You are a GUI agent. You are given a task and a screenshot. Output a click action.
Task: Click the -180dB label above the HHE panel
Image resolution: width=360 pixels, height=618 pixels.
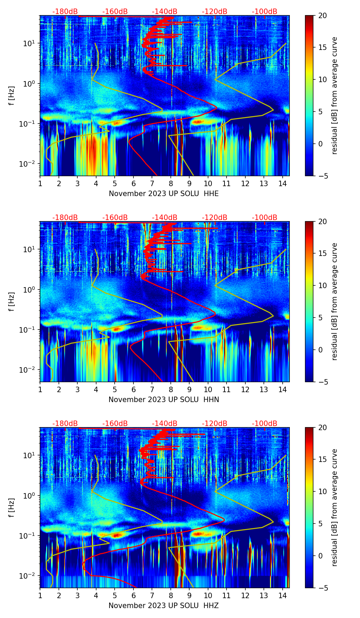point(65,12)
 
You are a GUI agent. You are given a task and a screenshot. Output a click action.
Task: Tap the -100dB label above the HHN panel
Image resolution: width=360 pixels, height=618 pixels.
point(265,218)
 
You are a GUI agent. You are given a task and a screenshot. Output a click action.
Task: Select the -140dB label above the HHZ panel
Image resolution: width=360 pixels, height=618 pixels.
point(165,424)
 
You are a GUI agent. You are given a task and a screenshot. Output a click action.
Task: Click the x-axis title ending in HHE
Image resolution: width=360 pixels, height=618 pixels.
point(164,194)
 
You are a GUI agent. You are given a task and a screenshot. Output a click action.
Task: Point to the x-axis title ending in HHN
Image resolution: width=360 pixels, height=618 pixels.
point(164,400)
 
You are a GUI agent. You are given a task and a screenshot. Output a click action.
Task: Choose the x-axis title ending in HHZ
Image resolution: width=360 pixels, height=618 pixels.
point(164,606)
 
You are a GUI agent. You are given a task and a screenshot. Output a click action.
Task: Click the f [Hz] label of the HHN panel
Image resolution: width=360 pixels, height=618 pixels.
point(12,301)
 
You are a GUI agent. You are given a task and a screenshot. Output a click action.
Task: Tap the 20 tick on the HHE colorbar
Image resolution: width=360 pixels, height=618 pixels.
point(323,15)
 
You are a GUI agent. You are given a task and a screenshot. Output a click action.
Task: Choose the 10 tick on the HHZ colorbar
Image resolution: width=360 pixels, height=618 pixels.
point(323,492)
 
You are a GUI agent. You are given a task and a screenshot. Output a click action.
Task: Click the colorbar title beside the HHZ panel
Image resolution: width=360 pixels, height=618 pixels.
point(334,507)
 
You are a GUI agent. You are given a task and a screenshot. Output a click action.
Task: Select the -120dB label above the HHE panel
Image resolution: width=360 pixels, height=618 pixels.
point(215,12)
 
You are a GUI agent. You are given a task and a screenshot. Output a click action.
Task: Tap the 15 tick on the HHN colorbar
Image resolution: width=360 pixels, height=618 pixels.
point(323,254)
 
